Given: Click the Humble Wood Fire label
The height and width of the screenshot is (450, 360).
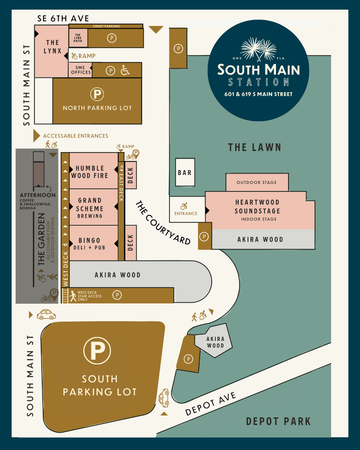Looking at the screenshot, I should (90, 172).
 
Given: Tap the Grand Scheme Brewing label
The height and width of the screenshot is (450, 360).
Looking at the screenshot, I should (90, 208).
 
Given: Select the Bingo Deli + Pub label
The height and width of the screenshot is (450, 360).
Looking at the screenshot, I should (89, 244).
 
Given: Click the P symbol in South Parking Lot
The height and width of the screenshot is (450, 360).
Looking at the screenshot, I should (97, 350).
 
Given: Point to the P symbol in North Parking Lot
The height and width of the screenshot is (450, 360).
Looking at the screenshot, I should (97, 94).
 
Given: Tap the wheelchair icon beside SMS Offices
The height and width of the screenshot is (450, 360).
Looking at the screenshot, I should (125, 70).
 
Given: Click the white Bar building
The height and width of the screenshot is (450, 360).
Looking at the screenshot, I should (185, 172).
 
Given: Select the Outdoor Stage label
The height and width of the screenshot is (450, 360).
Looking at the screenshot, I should (257, 182).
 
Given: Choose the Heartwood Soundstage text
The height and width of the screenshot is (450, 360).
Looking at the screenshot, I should (257, 207).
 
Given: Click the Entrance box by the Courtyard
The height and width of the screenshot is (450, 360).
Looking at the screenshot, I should (186, 210).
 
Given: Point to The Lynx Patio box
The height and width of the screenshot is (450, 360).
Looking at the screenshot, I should (78, 38).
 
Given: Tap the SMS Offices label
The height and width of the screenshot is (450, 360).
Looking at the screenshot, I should (81, 70).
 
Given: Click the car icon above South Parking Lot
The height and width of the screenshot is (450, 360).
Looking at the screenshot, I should (46, 314).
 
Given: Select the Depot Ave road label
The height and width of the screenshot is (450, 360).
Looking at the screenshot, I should (211, 403).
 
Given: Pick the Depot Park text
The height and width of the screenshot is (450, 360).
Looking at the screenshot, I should (278, 421).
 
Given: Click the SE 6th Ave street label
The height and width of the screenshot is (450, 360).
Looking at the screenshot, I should (63, 19).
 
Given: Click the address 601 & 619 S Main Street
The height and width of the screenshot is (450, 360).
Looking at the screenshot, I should (258, 94).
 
